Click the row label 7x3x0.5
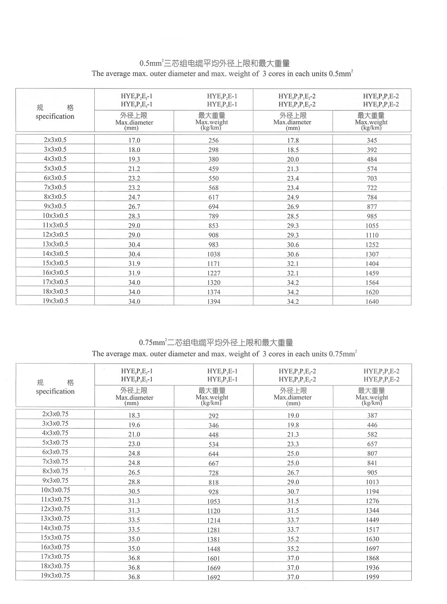[55, 187]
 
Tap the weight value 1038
[214, 254]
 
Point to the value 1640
[372, 302]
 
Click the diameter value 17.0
[134, 140]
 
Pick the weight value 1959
[372, 577]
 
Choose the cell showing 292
[214, 415]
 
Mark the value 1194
[372, 491]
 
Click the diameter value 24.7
[134, 197]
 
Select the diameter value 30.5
[134, 491]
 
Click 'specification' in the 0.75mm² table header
[55, 391]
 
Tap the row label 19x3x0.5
[55, 301]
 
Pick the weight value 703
[372, 178]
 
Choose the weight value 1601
[214, 558]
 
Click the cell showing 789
[214, 216]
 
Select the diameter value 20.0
[293, 159]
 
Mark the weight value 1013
[372, 482]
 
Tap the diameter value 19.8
[293, 425]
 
